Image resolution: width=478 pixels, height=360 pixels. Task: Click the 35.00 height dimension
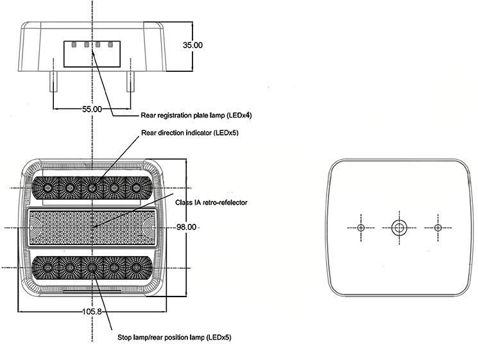pos(192,45)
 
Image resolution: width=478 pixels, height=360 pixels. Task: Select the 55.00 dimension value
pos(92,109)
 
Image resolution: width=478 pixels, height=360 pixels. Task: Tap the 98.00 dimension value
pos(186,227)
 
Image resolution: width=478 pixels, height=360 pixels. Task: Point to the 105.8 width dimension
pos(92,311)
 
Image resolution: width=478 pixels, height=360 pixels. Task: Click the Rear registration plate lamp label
pos(196,116)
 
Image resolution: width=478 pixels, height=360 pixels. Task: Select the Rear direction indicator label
pos(190,133)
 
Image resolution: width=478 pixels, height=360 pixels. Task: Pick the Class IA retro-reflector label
pos(211,203)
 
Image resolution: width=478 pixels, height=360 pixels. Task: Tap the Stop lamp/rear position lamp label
pos(175,338)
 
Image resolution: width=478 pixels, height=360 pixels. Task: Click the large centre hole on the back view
pos(398,227)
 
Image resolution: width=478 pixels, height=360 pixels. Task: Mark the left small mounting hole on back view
pos(361,228)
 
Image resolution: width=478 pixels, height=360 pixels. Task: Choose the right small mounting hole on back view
pos(438,228)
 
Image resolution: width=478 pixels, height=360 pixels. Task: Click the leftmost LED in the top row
pos(47,188)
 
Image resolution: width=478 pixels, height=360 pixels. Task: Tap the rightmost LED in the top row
pos(136,188)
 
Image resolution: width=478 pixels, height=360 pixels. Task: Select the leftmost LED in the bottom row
pos(47,268)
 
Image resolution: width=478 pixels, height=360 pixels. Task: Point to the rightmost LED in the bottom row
pos(136,268)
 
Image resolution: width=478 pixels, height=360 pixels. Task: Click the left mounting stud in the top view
pos(53,81)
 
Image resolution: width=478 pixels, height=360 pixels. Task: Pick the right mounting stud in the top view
pos(130,81)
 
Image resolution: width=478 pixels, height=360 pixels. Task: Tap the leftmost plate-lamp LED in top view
pos(74,45)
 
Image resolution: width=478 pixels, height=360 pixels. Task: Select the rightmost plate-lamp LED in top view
pos(110,45)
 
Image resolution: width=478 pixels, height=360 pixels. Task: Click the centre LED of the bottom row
pos(92,268)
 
